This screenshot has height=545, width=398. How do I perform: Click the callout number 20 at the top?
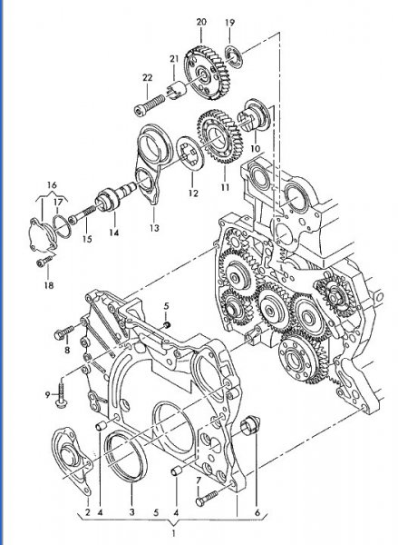pyautogui.click(x=201, y=22)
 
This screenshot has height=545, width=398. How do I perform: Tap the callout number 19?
pyautogui.click(x=229, y=23)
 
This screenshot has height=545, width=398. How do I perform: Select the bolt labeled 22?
pyautogui.click(x=150, y=104)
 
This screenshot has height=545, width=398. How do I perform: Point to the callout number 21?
pyautogui.click(x=174, y=59)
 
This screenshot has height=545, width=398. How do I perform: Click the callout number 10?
pyautogui.click(x=255, y=148)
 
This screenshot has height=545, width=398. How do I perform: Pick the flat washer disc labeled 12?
pyautogui.click(x=189, y=154)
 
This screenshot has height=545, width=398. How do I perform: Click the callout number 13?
pyautogui.click(x=154, y=228)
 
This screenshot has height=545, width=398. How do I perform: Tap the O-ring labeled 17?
pyautogui.click(x=63, y=226)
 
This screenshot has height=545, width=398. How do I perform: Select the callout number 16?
pyautogui.click(x=52, y=185)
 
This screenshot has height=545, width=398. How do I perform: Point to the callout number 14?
pyautogui.click(x=114, y=233)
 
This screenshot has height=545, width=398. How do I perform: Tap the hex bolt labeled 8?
pyautogui.click(x=64, y=332)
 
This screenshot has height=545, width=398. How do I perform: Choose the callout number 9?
pyautogui.click(x=48, y=395)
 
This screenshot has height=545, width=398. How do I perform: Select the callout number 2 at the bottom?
pyautogui.click(x=87, y=512)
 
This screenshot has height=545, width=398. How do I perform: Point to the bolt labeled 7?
pyautogui.click(x=207, y=498)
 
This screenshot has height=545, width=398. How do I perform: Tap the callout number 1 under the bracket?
pyautogui.click(x=173, y=533)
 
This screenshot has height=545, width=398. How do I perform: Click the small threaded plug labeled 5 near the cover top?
pyautogui.click(x=168, y=324)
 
